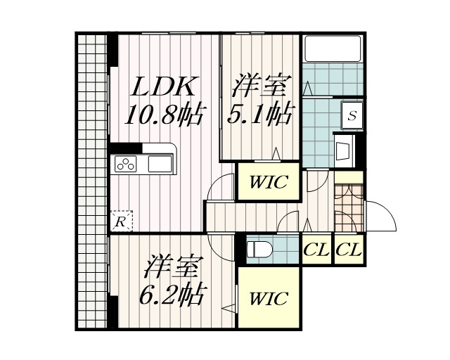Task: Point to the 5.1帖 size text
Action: click(259, 112)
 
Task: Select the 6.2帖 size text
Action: click(172, 295)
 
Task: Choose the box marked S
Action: click(352, 116)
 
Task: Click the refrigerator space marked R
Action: click(121, 221)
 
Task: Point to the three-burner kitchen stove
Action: click(126, 165)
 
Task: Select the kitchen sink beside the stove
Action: click(160, 165)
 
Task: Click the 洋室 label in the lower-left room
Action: click(172, 269)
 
